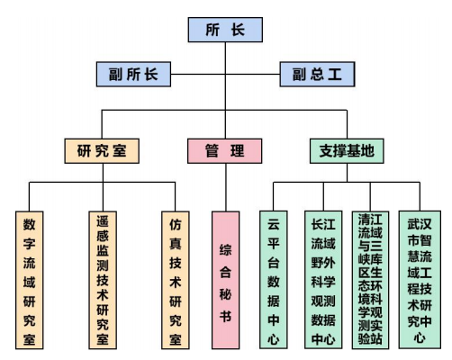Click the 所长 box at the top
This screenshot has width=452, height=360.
tap(225, 30)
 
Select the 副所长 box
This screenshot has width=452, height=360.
tap(133, 74)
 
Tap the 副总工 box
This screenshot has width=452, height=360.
tap(317, 74)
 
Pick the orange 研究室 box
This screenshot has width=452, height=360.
tap(102, 151)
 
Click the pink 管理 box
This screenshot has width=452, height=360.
tap(225, 151)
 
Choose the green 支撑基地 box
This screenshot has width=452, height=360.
tap(347, 151)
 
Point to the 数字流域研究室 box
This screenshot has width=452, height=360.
tap(30, 280)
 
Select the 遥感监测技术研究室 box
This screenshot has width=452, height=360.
tap(103, 280)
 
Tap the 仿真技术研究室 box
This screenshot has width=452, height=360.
tap(176, 280)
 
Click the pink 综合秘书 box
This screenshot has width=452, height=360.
tap(225, 280)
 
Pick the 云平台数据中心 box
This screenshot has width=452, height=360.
tap(274, 280)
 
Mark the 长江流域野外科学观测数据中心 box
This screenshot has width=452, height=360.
tap(323, 280)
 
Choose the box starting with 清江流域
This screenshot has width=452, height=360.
tap(370, 280)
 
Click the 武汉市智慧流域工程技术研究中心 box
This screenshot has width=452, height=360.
tap(420, 280)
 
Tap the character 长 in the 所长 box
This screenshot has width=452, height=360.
tap(238, 30)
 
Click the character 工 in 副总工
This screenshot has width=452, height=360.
tap(335, 74)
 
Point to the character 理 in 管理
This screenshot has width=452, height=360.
tap(237, 151)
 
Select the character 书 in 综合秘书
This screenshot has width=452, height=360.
tap(225, 316)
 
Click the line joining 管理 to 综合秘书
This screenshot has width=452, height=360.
tap(226, 187)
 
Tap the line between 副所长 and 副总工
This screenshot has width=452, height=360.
tap(225, 74)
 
